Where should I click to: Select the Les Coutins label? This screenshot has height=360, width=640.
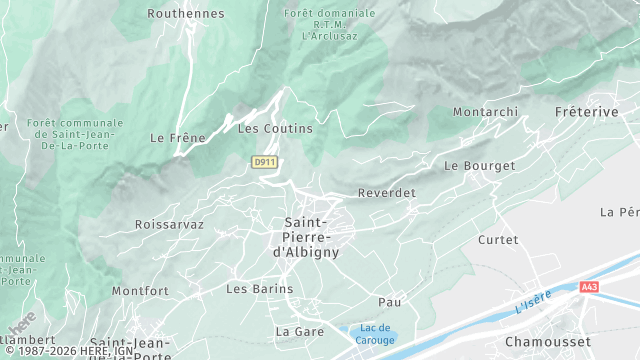[x=275, y=129]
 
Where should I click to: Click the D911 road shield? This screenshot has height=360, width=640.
[x=264, y=161]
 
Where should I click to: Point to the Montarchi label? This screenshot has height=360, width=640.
[x=484, y=112]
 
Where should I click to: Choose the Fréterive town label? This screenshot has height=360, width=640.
[x=586, y=112]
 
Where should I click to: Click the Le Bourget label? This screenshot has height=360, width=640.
[x=479, y=165]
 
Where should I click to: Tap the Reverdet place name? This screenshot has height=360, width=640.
[x=386, y=193]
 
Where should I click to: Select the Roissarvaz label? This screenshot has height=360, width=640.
[x=169, y=225]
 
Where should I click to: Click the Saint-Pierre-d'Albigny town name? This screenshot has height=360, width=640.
[x=311, y=237]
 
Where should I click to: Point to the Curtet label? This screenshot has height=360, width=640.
[x=498, y=240]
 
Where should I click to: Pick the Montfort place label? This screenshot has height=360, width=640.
[x=140, y=291]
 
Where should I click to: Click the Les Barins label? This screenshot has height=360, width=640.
[x=259, y=289]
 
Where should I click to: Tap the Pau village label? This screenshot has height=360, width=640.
[x=389, y=301]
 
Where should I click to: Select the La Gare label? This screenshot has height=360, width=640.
[x=297, y=330]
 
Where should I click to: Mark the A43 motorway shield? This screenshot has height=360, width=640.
[x=589, y=287]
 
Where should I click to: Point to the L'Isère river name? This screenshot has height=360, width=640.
[x=534, y=302]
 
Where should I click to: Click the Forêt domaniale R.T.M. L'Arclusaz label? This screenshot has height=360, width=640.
[x=330, y=23]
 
